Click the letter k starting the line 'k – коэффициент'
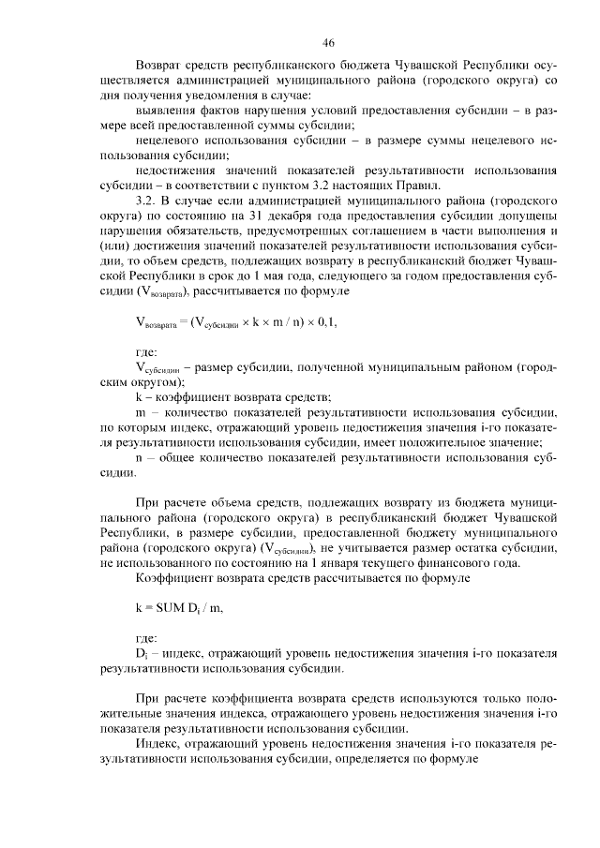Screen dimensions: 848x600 139,397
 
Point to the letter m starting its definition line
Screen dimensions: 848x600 141,411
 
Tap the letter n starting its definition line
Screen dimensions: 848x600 139,459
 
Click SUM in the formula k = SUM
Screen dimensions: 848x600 170,610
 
